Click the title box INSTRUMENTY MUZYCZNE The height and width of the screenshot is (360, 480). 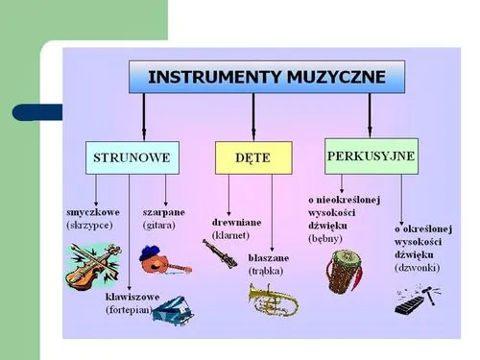pos(267,77)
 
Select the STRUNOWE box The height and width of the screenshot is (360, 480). pos(132,156)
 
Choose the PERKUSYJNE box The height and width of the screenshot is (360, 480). pos(372,155)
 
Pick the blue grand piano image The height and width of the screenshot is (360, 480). pos(173,309)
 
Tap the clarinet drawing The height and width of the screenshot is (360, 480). pos(220,253)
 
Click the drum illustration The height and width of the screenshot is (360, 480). pos(342,270)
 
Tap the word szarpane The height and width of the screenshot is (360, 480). pos(164,211)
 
